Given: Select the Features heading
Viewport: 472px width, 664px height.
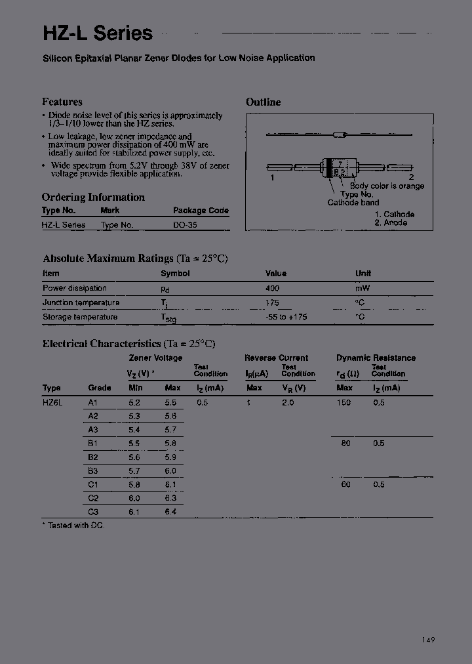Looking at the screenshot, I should coord(62,102).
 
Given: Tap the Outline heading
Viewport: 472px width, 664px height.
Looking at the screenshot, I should coord(263,102).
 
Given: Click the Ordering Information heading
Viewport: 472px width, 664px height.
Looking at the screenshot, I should coord(93,197).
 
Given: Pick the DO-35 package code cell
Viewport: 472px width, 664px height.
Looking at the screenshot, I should coord(185,224).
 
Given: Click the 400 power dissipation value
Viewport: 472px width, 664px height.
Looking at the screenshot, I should coord(272,288).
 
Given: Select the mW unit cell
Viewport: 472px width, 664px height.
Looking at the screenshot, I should coord(363,288).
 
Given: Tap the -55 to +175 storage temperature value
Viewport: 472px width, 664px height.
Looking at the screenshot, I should coord(286,317).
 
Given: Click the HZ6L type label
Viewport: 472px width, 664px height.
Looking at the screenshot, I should coord(52,403).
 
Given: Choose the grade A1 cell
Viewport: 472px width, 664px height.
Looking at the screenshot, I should coord(92,403).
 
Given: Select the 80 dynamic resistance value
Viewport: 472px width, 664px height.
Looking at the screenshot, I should coord(345,444).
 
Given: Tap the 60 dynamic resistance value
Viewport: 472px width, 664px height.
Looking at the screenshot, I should coord(345,484).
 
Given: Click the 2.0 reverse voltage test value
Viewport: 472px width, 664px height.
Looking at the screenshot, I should coord(288,403).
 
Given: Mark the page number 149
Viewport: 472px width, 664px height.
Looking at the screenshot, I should coord(428,640).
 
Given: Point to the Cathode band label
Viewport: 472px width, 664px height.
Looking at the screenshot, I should coord(353,203).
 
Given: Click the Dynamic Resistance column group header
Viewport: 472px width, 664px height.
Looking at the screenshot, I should coord(376,358).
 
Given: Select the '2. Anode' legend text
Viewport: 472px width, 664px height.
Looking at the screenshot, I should coord(391,222).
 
